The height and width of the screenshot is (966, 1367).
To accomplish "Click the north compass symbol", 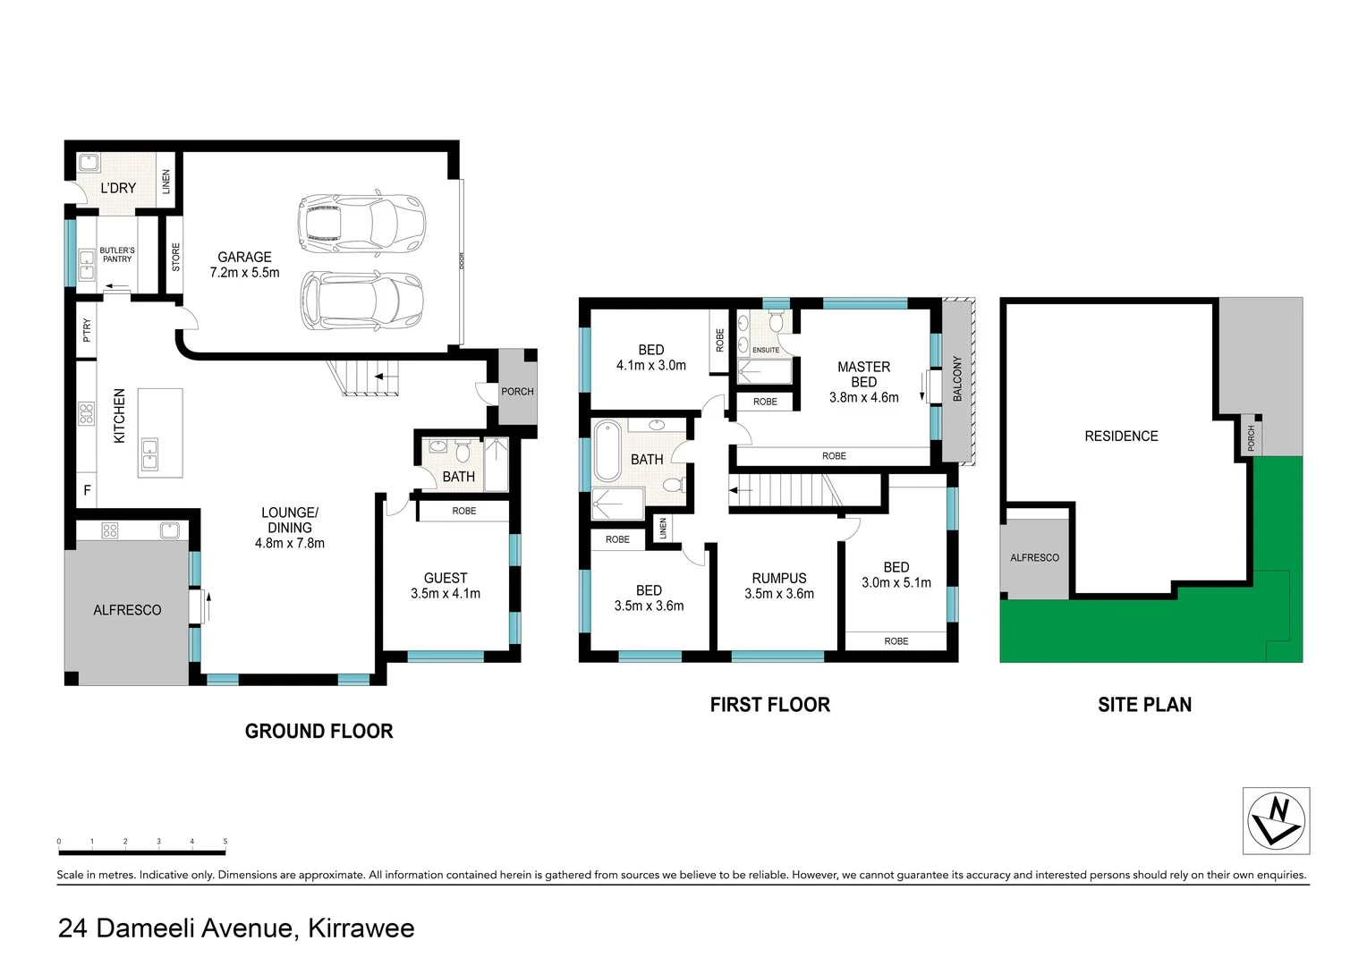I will pyautogui.click(x=1276, y=821).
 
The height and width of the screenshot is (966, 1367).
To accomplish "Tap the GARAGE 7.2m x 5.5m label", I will pyautogui.click(x=244, y=265).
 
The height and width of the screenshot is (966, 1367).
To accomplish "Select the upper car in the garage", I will pyautogui.click(x=361, y=225).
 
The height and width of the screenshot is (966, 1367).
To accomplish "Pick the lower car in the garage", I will pyautogui.click(x=361, y=301).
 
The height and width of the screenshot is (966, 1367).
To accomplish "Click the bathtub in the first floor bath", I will pyautogui.click(x=607, y=451).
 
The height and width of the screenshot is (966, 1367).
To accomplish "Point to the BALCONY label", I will pyautogui.click(x=957, y=378).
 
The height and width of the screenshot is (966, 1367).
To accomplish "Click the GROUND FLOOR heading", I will pyautogui.click(x=318, y=732).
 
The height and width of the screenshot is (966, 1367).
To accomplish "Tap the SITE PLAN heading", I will pyautogui.click(x=1144, y=705).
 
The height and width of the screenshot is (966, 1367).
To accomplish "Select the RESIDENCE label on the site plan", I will pyautogui.click(x=1121, y=436).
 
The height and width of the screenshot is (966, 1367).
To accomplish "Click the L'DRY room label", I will pyautogui.click(x=118, y=188).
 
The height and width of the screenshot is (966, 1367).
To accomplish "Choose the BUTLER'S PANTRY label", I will pyautogui.click(x=117, y=255).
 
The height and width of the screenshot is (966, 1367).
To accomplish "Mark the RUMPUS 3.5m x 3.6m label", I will pyautogui.click(x=779, y=586).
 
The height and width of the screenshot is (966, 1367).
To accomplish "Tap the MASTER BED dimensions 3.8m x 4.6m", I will pyautogui.click(x=863, y=397).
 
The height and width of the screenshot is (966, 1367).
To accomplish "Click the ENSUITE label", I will pyautogui.click(x=766, y=350).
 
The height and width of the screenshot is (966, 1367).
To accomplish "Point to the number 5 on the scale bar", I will pyautogui.click(x=225, y=842).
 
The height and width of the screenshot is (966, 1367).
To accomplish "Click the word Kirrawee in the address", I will pyautogui.click(x=361, y=928).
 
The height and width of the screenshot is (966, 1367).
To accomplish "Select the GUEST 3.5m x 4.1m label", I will pyautogui.click(x=446, y=586).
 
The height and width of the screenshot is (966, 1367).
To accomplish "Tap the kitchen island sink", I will pyautogui.click(x=149, y=454).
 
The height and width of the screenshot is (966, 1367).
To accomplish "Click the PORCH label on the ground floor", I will pyautogui.click(x=517, y=392).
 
